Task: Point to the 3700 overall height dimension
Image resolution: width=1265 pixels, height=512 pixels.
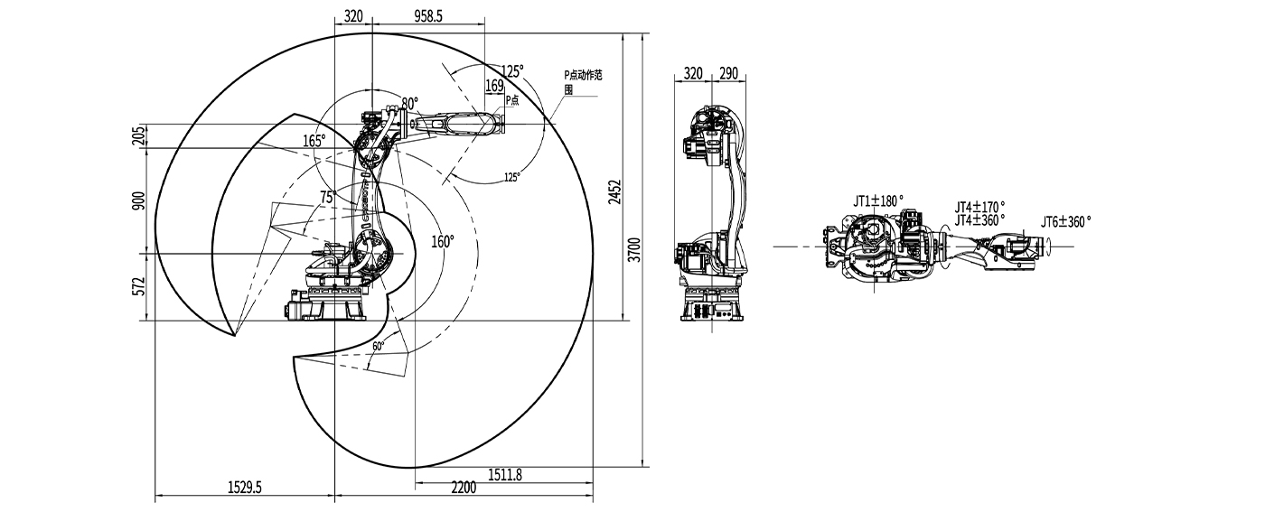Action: click(x=635, y=248)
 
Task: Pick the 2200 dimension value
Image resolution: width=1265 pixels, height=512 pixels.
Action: click(x=462, y=489)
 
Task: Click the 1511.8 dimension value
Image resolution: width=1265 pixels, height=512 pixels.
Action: click(x=505, y=474)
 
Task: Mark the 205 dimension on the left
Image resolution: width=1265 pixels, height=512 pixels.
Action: click(x=137, y=135)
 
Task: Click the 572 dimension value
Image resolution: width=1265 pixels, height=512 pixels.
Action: click(x=137, y=286)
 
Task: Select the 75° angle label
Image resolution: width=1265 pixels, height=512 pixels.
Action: click(x=327, y=196)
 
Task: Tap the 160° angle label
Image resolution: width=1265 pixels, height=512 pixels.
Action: click(x=443, y=241)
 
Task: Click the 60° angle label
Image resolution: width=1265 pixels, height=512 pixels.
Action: click(x=378, y=346)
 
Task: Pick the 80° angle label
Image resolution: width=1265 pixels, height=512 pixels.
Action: click(x=410, y=103)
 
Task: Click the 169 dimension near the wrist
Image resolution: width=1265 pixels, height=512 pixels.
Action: click(x=495, y=86)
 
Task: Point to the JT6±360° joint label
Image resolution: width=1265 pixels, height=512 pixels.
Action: click(x=1065, y=220)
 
